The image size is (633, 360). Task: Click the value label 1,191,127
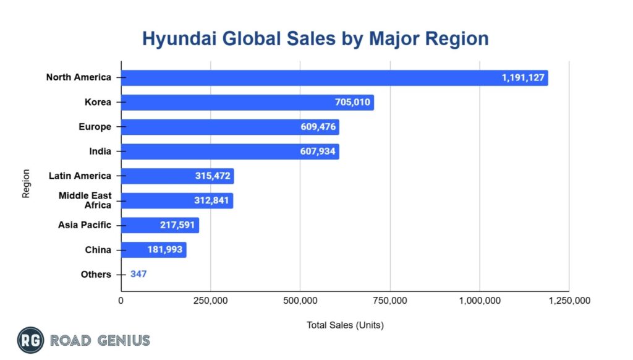point(523,78)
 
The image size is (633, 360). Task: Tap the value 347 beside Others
point(138,274)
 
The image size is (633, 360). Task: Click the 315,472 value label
point(212,176)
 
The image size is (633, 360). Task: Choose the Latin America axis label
point(80,176)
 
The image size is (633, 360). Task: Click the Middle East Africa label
point(85,200)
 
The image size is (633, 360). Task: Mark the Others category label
point(96,274)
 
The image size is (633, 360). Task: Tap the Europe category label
point(95,127)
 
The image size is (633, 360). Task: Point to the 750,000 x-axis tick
point(390,301)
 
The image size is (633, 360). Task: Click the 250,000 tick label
point(210,301)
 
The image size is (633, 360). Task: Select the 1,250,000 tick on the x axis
point(569,301)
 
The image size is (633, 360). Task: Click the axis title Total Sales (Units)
point(345,325)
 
